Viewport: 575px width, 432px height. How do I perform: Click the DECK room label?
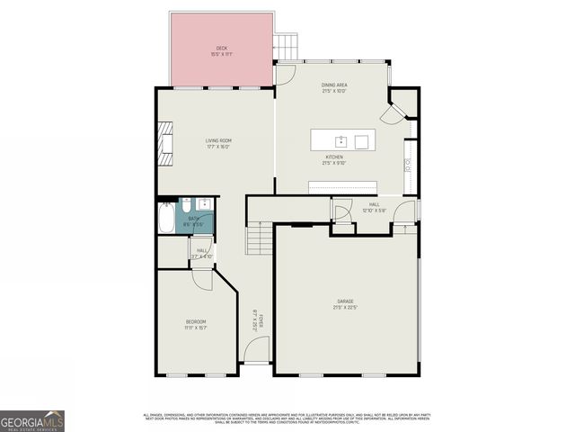(221, 48)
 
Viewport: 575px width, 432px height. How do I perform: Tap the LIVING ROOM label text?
(218, 140)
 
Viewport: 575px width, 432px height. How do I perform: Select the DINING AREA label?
(334, 85)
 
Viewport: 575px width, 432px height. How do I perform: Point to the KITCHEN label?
(334, 157)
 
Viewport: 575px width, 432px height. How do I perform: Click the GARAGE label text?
(346, 301)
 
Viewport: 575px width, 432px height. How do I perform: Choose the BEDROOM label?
(196, 321)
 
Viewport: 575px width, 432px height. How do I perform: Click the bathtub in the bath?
(167, 220)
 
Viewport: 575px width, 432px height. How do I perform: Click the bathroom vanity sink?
(205, 203)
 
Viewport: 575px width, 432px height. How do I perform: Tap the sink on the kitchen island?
(341, 141)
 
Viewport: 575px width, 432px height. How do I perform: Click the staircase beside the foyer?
(259, 240)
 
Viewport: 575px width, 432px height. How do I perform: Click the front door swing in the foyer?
(257, 351)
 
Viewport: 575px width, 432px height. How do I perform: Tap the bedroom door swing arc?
(201, 278)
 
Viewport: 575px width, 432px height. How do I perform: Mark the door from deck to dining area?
(285, 75)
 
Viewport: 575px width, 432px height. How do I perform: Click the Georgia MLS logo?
(32, 420)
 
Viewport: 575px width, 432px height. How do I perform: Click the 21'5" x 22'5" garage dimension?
(346, 307)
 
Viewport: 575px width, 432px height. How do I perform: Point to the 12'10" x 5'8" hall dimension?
(374, 211)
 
